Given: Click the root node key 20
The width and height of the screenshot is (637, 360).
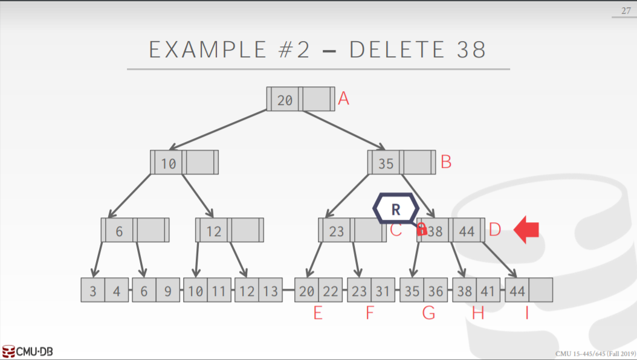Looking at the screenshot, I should point(285,100).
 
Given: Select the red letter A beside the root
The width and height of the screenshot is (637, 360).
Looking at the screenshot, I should point(344,98).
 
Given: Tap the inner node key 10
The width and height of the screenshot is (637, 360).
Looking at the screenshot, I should point(169,163).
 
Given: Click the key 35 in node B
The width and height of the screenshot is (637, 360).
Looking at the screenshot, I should point(386,163).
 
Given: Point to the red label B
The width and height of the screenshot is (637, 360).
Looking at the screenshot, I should point(446,162).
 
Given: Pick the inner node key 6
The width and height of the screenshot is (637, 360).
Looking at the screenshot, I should point(119,231).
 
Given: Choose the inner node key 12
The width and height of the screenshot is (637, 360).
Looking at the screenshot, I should point(213,231).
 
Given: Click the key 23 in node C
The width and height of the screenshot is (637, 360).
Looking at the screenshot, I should point(336,231).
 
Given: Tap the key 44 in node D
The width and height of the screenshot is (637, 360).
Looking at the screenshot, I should point(467,231).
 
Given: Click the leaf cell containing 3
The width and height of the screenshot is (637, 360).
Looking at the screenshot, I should point(92,291).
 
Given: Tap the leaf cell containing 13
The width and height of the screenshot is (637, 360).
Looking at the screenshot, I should point(271,291).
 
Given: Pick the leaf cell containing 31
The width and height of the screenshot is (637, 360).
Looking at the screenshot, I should point(383,291).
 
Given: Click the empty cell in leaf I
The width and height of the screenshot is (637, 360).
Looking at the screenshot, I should point(541,291).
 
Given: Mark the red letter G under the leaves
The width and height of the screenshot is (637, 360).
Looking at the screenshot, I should point(428,314).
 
